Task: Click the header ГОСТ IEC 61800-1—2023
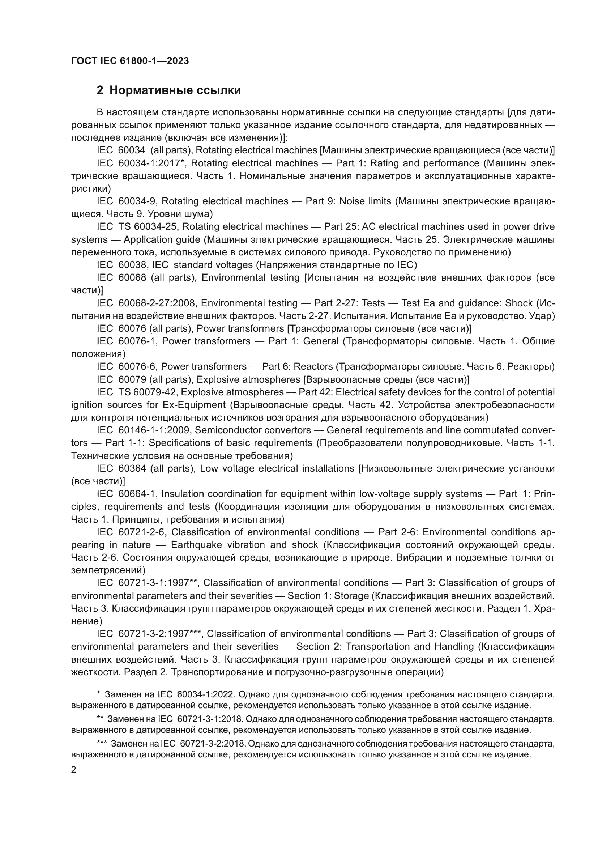[130, 61]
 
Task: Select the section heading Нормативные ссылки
[175, 90]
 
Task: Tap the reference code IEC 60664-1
[127, 494]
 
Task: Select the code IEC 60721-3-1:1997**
[147, 583]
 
